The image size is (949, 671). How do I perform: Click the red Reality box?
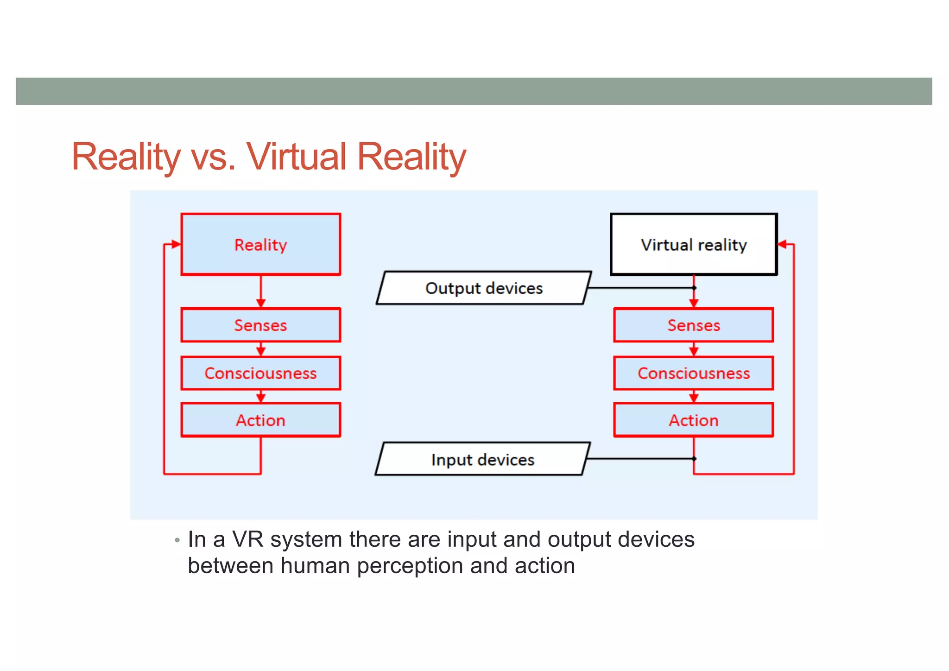tap(260, 244)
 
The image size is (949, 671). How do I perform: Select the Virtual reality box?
tap(693, 244)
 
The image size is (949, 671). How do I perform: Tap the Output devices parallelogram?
tap(483, 288)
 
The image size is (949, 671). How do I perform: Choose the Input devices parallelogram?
tap(482, 459)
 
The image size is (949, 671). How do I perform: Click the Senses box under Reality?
tap(260, 325)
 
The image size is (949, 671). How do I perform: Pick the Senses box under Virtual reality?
tap(693, 325)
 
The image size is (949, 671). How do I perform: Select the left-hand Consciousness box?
tap(260, 373)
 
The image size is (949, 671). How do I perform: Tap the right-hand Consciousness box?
tap(693, 373)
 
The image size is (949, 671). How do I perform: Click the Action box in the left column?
tap(260, 420)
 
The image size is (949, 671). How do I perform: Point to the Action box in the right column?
tap(693, 420)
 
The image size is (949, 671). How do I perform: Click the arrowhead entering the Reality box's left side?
tap(176, 244)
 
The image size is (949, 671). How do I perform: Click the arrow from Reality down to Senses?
tap(261, 292)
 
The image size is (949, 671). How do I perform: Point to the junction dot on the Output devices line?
tap(694, 288)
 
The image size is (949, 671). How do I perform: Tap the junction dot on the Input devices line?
tap(694, 459)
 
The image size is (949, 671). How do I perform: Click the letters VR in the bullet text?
tap(247, 539)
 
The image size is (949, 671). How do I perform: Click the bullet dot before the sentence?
tap(177, 540)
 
